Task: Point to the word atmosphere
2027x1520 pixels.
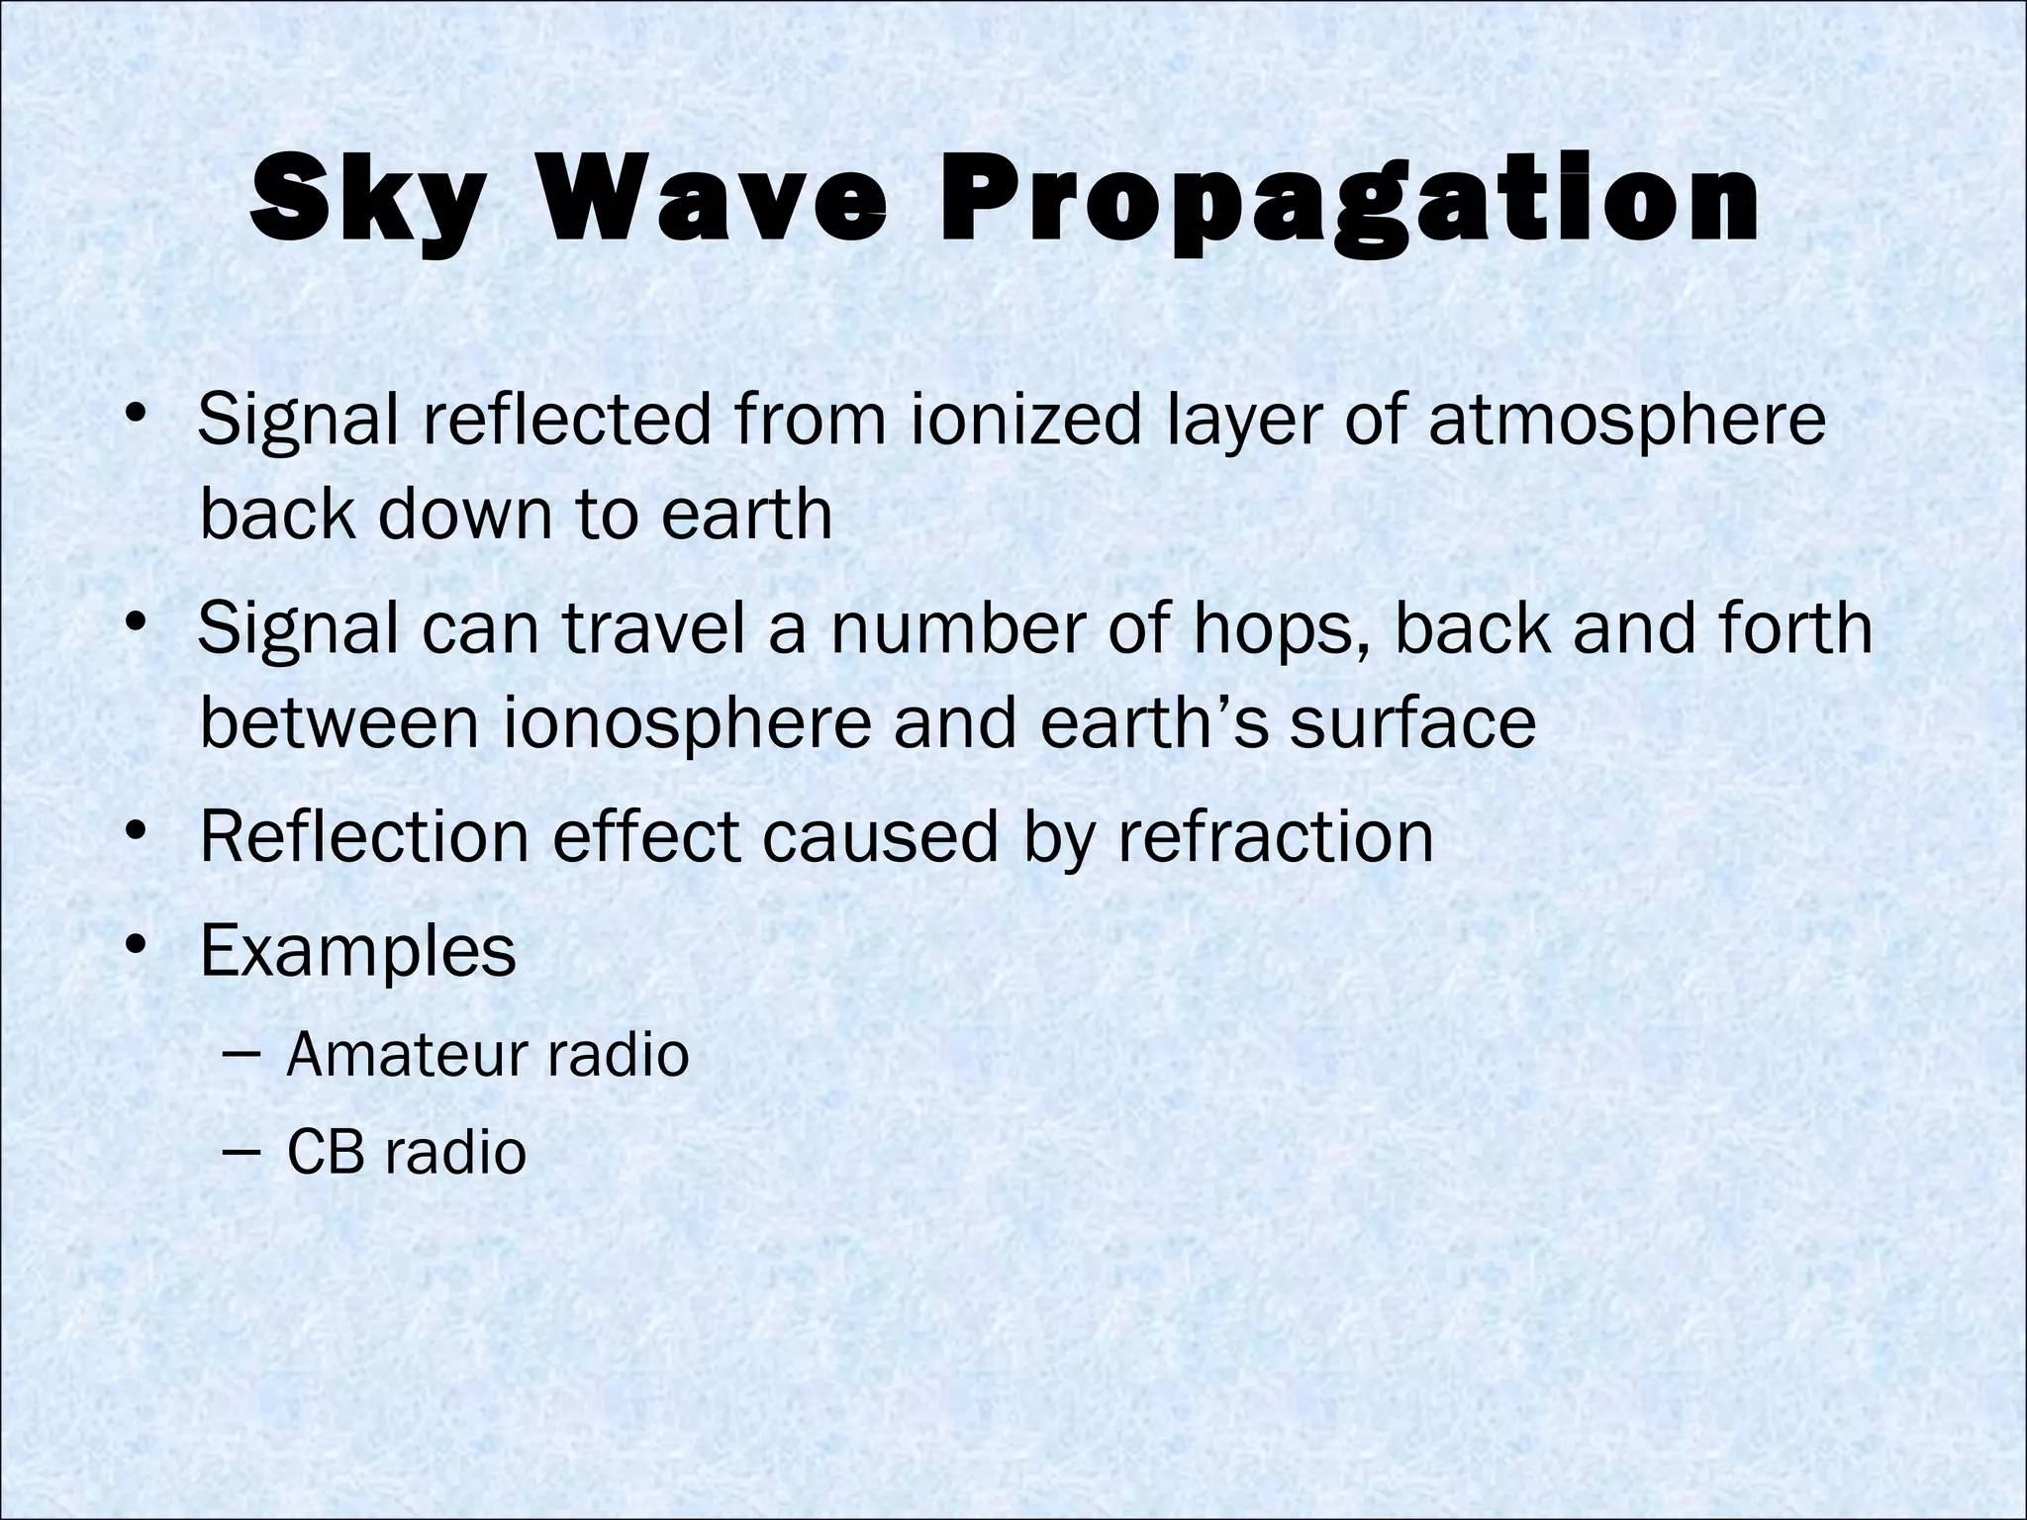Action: [x=1626, y=420]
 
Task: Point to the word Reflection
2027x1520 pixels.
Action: [x=364, y=837]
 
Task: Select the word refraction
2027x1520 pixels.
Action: [x=1276, y=837]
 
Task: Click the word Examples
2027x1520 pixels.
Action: [x=357, y=952]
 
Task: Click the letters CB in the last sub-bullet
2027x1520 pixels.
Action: [x=324, y=1153]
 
